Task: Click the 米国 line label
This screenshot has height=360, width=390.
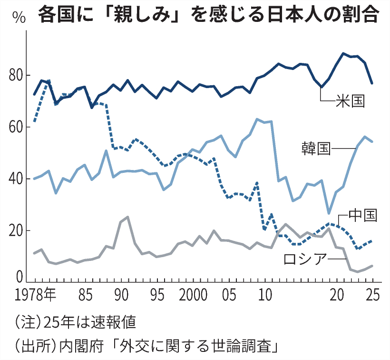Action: (x=350, y=101)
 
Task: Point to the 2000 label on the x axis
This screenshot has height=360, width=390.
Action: (x=195, y=296)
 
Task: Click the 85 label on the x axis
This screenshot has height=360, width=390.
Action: (x=85, y=296)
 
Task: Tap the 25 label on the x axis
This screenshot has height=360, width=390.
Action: (x=373, y=296)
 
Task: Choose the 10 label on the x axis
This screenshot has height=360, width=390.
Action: (x=265, y=296)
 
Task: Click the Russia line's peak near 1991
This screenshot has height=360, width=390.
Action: (x=127, y=217)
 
